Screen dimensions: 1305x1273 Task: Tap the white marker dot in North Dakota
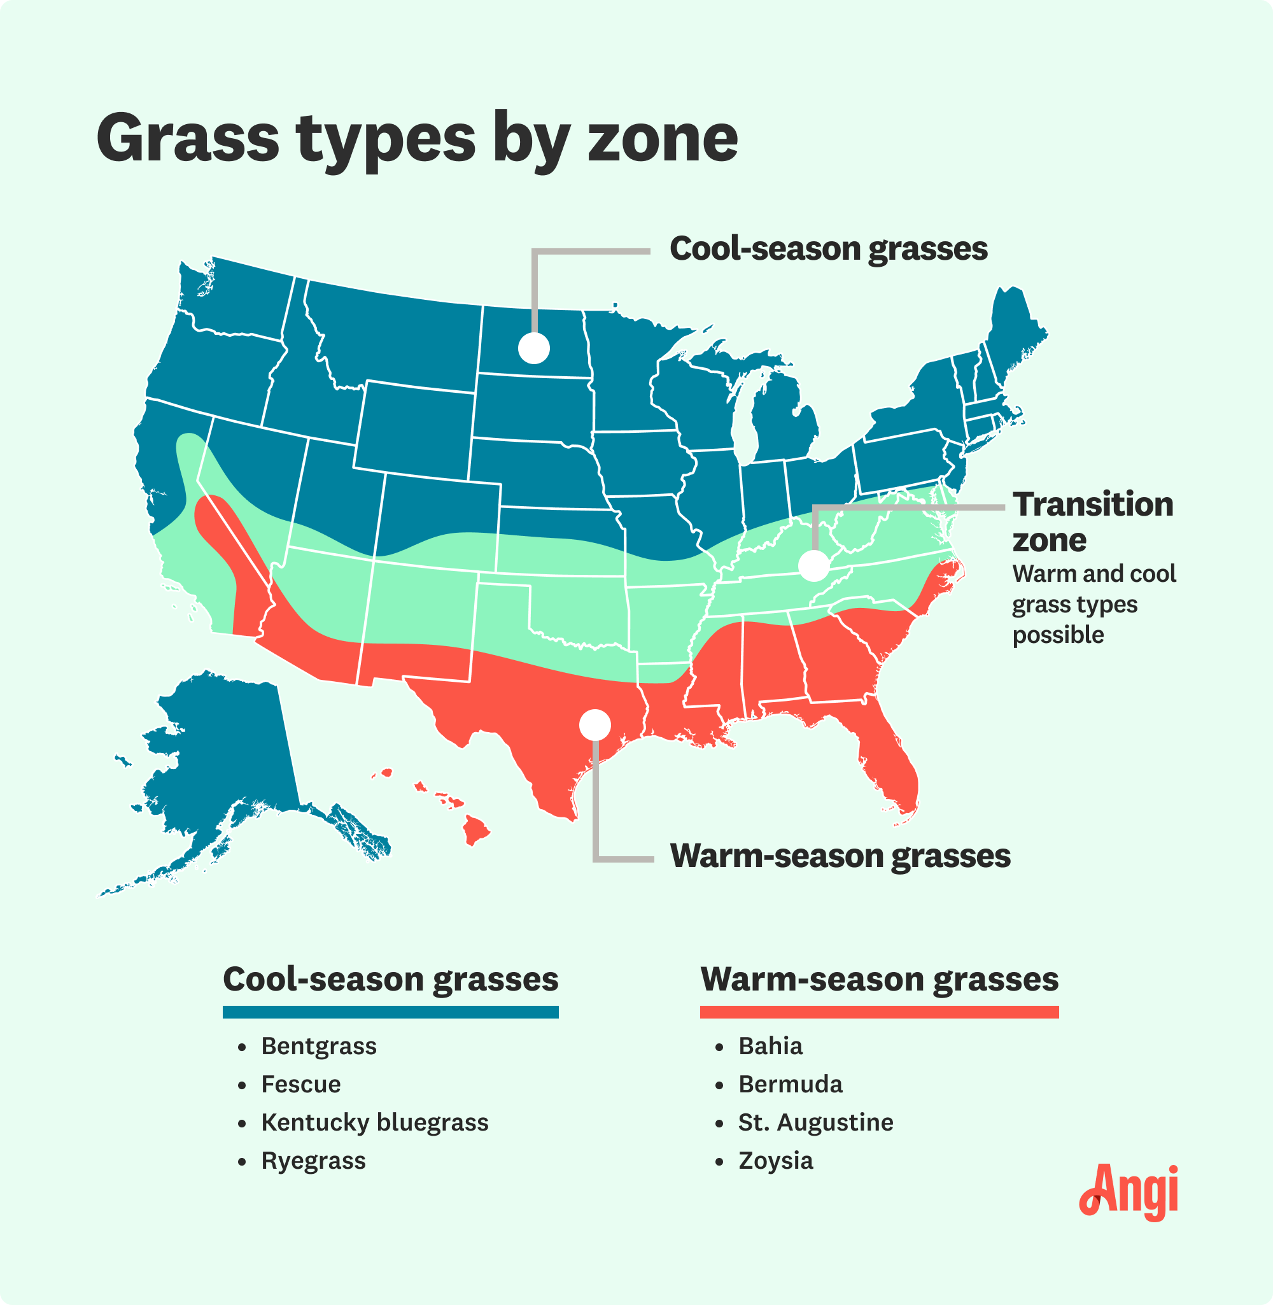533,348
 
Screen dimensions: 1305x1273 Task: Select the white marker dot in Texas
594,724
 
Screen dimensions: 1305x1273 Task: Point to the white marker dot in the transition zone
813,565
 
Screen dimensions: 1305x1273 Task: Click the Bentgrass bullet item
318,1047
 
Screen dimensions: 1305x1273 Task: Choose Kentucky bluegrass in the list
374,1122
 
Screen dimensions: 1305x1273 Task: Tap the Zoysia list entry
775,1161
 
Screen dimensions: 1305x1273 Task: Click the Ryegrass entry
313,1161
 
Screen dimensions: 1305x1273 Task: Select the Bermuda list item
790,1084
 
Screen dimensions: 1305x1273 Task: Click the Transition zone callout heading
1092,522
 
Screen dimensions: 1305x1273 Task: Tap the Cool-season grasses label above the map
827,250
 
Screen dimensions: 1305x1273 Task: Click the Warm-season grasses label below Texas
840,856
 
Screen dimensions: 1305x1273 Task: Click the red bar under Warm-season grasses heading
878,1012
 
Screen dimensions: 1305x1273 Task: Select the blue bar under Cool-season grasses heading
390,1012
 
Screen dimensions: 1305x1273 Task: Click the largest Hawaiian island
476,830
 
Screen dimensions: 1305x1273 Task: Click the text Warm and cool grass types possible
1093,604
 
